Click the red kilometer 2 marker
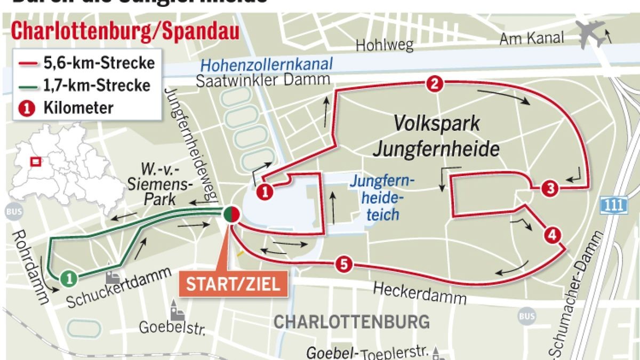tap(435, 84)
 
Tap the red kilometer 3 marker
tap(550, 188)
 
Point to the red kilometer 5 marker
tap(344, 263)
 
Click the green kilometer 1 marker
tap(68, 277)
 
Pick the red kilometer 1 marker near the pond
tap(265, 191)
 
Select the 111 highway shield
tap(609, 203)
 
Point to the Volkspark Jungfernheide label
tap(436, 136)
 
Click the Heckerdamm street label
tap(419, 293)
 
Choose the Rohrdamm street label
tap(30, 267)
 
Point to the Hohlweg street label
tap(385, 45)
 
